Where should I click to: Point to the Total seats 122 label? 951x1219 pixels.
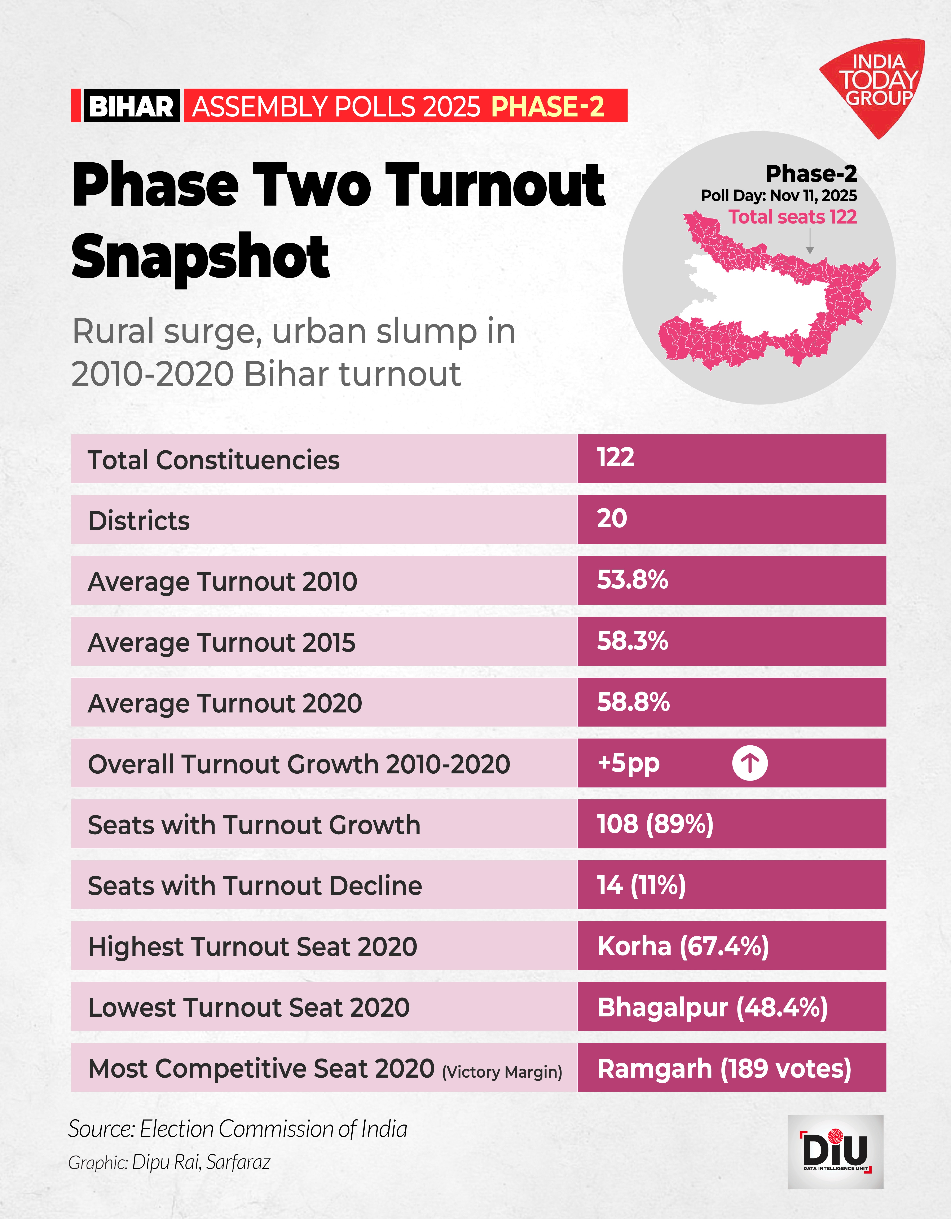[x=792, y=217]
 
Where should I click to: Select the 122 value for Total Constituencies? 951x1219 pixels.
[x=616, y=458]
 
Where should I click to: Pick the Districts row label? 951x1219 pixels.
[x=139, y=521]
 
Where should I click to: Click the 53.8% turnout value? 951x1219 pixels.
[x=632, y=580]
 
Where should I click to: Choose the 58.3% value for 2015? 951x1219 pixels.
[x=632, y=641]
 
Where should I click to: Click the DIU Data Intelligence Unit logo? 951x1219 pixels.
[x=836, y=1151]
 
